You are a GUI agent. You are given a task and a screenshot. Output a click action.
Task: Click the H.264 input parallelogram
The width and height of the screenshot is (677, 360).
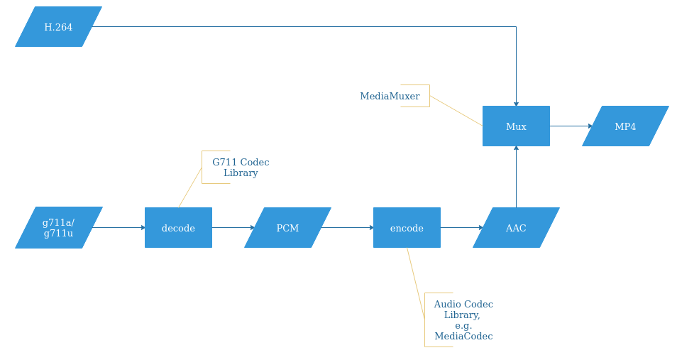[58, 27]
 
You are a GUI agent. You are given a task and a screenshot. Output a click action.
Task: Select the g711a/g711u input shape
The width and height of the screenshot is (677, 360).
[59, 228]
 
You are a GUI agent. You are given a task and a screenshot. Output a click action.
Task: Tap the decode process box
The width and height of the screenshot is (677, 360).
[178, 228]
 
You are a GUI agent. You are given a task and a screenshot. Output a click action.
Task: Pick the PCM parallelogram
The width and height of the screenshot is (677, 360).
[287, 228]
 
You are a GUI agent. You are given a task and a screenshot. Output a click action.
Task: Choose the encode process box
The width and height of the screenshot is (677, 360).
[407, 228]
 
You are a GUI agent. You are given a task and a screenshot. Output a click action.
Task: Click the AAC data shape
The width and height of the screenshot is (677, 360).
[516, 228]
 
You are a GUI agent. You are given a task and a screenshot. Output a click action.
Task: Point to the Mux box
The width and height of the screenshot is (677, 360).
[516, 126]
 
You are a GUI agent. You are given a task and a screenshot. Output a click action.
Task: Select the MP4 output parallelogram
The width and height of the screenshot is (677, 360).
[625, 126]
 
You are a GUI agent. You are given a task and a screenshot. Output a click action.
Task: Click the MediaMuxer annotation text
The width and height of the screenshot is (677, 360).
[390, 96]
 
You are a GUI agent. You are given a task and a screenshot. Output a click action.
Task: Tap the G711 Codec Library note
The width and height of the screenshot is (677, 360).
[241, 168]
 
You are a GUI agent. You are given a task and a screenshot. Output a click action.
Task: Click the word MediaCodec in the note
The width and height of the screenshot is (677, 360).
[463, 337]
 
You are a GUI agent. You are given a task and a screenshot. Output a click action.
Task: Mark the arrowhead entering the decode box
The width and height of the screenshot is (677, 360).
[143, 228]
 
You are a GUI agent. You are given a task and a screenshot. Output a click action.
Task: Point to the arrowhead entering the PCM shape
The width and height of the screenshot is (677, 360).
[252, 228]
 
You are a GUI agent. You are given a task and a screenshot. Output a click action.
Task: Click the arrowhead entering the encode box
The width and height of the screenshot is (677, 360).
[371, 228]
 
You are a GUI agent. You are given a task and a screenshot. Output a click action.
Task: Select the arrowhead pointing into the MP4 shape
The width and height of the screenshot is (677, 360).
[590, 126]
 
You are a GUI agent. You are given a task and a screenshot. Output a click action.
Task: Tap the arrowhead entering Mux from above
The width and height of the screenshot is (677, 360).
[516, 104]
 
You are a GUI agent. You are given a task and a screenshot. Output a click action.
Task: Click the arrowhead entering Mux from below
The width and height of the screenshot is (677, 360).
[516, 148]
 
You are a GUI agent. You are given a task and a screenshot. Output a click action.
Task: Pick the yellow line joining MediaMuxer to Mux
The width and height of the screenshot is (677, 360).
[456, 111]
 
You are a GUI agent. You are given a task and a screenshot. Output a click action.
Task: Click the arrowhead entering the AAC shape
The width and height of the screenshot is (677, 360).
[480, 228]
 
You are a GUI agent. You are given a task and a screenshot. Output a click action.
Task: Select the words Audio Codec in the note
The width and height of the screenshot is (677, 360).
[463, 304]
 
